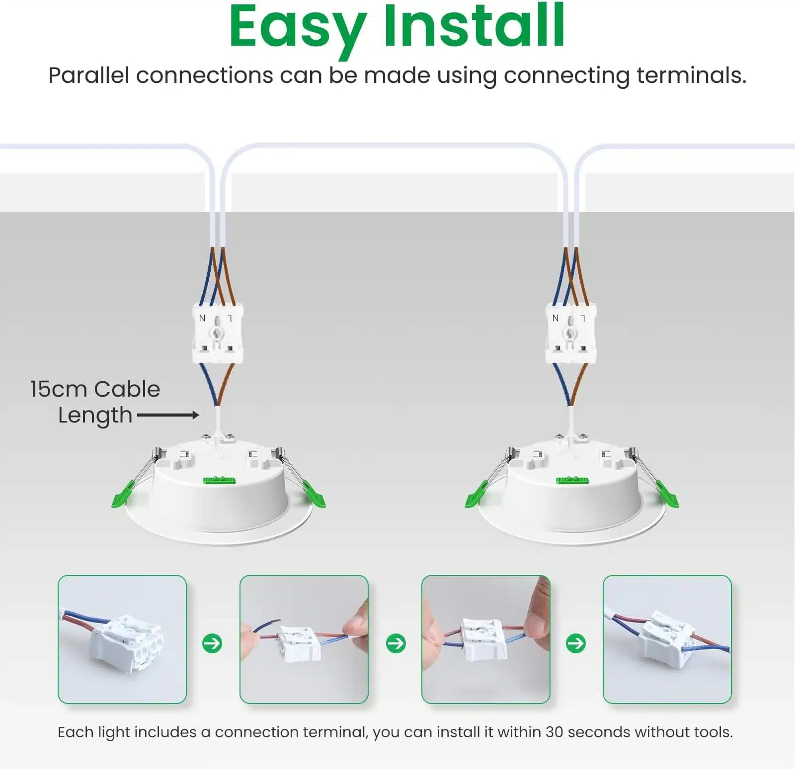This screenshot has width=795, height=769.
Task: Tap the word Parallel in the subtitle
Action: [88, 75]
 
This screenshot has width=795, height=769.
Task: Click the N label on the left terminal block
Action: [202, 318]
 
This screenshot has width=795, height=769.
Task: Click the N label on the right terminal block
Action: [556, 318]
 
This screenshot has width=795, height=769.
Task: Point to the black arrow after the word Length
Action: [168, 415]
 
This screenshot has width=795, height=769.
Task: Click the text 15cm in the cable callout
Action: [59, 389]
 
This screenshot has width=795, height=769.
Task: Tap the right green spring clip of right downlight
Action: [667, 494]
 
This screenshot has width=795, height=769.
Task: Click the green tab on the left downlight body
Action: [219, 480]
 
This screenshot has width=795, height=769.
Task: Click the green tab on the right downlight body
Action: [572, 480]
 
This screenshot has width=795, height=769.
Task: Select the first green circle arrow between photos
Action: [212, 643]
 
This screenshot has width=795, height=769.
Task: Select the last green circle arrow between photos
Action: [576, 643]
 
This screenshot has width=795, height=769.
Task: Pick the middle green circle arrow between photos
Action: [396, 643]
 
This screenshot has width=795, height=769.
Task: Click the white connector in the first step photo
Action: [127, 643]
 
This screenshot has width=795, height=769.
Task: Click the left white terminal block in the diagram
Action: [218, 334]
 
